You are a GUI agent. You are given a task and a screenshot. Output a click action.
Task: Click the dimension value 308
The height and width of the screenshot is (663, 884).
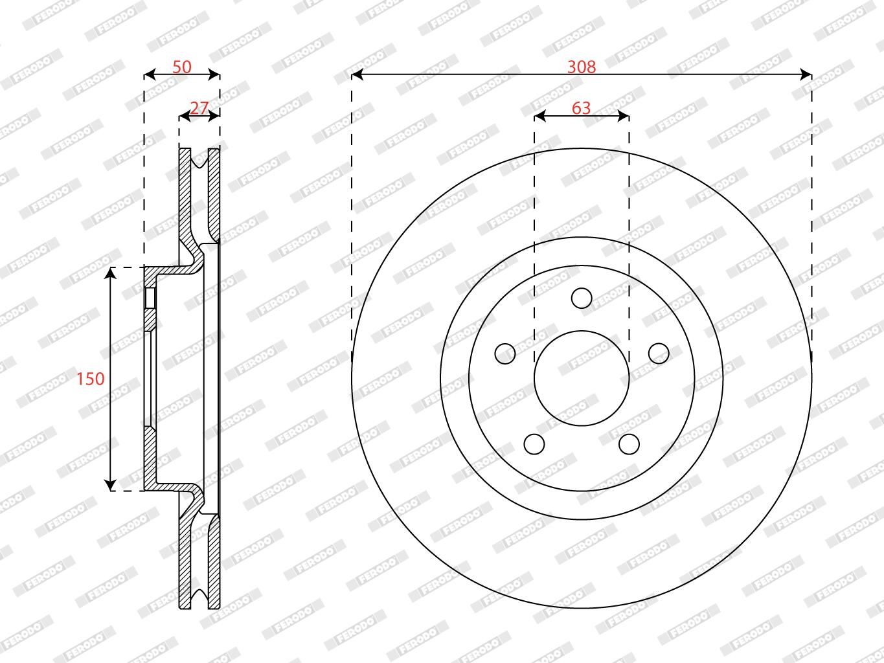click(x=581, y=67)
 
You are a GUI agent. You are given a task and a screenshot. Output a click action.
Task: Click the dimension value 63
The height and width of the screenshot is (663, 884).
click(x=581, y=108)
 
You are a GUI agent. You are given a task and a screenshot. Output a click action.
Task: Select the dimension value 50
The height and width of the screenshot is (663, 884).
click(x=181, y=67)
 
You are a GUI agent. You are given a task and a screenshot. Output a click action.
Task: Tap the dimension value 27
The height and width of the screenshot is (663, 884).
click(x=199, y=108)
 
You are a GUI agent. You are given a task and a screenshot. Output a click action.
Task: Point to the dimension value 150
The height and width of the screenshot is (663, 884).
click(x=91, y=379)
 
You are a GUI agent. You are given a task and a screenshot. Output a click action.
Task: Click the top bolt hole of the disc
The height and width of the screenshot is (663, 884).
click(x=582, y=298)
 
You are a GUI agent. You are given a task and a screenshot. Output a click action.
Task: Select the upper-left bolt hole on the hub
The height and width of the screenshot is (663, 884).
click(x=505, y=354)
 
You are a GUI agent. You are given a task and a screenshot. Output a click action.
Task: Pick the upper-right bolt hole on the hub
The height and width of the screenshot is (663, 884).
click(x=659, y=354)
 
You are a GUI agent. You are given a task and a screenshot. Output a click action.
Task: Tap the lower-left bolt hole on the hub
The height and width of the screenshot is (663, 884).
click(x=534, y=444)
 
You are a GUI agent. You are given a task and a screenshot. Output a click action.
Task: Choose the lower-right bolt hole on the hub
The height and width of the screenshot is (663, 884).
click(x=629, y=444)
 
